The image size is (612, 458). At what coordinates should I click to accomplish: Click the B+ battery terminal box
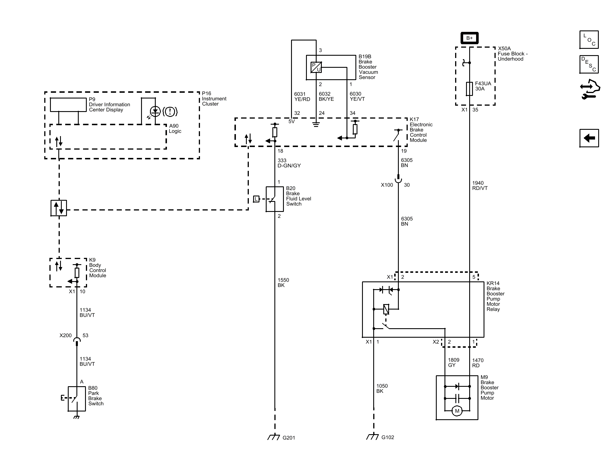click(x=469, y=38)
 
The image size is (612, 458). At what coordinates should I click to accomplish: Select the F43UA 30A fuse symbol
click(x=469, y=89)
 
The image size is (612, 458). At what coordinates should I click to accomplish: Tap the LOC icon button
click(x=589, y=40)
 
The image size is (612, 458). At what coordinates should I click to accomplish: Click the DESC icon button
click(x=589, y=64)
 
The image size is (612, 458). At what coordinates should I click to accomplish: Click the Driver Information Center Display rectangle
click(x=68, y=105)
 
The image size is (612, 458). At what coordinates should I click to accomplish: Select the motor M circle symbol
click(x=457, y=411)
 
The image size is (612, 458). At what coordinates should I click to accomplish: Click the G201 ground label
click(x=289, y=438)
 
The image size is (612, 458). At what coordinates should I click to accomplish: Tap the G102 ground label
click(x=388, y=437)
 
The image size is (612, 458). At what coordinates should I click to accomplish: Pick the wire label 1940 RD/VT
click(x=480, y=185)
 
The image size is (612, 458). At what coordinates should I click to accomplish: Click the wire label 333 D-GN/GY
click(x=289, y=163)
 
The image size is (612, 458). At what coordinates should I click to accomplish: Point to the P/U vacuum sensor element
click(x=316, y=67)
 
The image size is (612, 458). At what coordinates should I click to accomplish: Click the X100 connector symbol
click(x=398, y=181)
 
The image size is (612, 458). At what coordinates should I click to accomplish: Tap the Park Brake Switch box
click(x=77, y=399)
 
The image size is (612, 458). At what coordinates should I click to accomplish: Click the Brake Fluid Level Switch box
click(x=275, y=199)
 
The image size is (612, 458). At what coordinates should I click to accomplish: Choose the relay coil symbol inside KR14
click(x=386, y=309)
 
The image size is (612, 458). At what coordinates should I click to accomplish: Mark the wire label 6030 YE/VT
click(x=357, y=96)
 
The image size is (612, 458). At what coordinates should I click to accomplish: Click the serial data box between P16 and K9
click(x=59, y=208)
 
